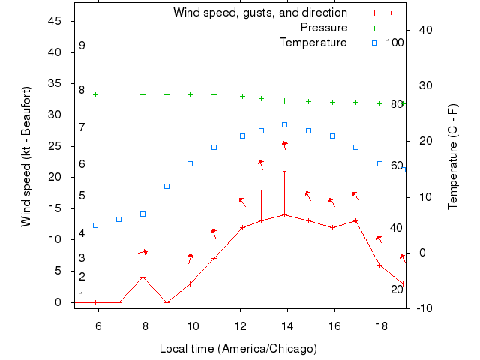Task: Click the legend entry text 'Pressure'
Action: pyautogui.click(x=324, y=28)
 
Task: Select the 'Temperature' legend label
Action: pyautogui.click(x=313, y=42)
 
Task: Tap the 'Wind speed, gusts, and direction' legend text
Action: pyautogui.click(x=260, y=13)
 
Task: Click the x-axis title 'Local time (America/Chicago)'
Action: pyautogui.click(x=238, y=349)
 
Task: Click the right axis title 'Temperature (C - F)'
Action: pyautogui.click(x=453, y=157)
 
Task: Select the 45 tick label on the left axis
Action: pyautogui.click(x=54, y=21)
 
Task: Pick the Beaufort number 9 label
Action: pyautogui.click(x=82, y=46)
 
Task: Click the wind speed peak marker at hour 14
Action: pyautogui.click(x=284, y=214)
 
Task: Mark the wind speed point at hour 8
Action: pyautogui.click(x=142, y=277)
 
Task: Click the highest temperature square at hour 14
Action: pyautogui.click(x=284, y=124)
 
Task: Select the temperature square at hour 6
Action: pyautogui.click(x=95, y=225)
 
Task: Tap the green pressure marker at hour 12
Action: pyautogui.click(x=242, y=96)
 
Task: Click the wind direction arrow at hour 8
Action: pyautogui.click(x=142, y=252)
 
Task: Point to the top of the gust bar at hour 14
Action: pyautogui.click(x=284, y=171)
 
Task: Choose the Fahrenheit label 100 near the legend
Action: pyautogui.click(x=395, y=42)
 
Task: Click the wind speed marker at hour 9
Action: pyautogui.click(x=166, y=302)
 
